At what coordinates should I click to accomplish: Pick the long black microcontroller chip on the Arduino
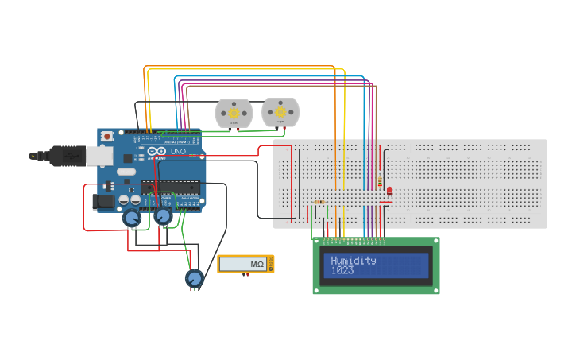point(171,188)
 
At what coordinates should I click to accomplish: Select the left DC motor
point(234,113)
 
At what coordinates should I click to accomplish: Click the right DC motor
point(280,112)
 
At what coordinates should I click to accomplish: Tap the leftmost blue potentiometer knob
point(132,218)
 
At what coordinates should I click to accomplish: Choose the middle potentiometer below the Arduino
point(163,216)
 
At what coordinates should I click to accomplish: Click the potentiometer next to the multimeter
point(194,278)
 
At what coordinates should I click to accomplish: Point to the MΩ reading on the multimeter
point(257,264)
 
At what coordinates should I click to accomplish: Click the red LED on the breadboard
point(389,190)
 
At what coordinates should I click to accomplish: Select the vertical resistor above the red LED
point(380,179)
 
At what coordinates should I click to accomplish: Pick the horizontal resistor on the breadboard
point(319,202)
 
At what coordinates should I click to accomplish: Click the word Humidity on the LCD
point(354,261)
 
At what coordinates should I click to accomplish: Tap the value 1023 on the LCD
point(343,270)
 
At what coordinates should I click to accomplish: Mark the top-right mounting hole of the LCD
point(435,242)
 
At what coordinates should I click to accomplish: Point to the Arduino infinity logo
point(157,151)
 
